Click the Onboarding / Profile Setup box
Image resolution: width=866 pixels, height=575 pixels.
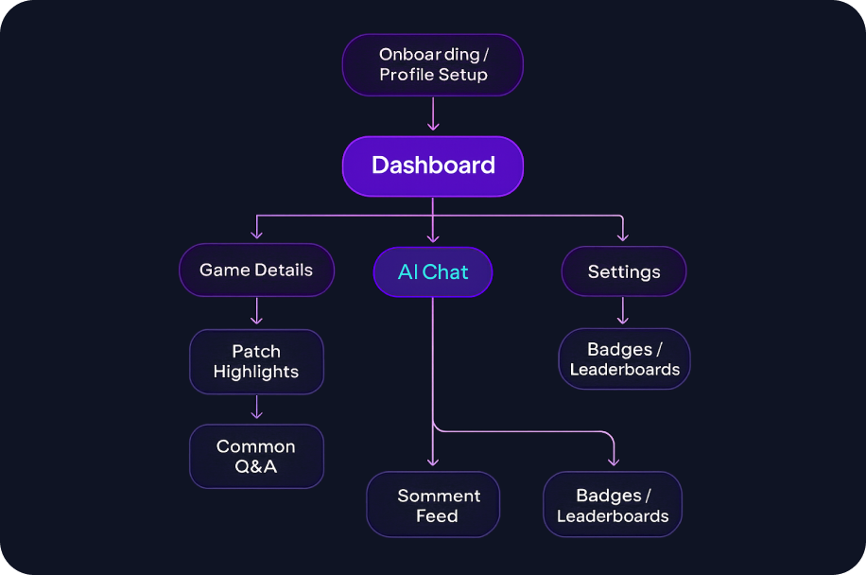click(x=432, y=64)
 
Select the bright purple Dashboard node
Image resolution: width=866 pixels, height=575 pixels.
click(x=432, y=166)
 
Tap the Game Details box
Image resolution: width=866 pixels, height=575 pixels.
click(x=256, y=270)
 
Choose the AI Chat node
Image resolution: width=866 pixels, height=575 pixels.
click(x=432, y=272)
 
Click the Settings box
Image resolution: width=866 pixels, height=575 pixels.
click(x=623, y=272)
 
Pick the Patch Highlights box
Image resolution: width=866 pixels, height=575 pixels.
click(x=256, y=361)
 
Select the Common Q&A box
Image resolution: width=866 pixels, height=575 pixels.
click(x=256, y=457)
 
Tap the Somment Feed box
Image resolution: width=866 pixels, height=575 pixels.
click(x=433, y=505)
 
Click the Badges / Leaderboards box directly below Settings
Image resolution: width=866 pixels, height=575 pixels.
click(x=624, y=359)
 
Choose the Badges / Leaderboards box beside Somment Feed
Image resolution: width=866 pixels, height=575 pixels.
click(x=613, y=506)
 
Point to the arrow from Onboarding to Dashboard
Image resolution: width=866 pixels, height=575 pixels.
click(x=433, y=114)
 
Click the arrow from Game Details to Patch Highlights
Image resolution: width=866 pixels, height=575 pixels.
click(x=256, y=311)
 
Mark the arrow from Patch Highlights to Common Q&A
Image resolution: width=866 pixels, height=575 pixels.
click(x=256, y=408)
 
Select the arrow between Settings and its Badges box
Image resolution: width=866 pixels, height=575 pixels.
click(x=623, y=311)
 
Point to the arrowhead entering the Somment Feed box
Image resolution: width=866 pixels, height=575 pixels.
click(x=433, y=462)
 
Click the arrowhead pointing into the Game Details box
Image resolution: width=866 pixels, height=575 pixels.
click(x=256, y=235)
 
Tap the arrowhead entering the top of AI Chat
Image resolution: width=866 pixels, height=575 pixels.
click(x=433, y=237)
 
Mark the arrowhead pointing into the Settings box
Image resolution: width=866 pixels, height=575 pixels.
click(x=623, y=236)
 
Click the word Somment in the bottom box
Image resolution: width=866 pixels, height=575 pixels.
click(x=439, y=496)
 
